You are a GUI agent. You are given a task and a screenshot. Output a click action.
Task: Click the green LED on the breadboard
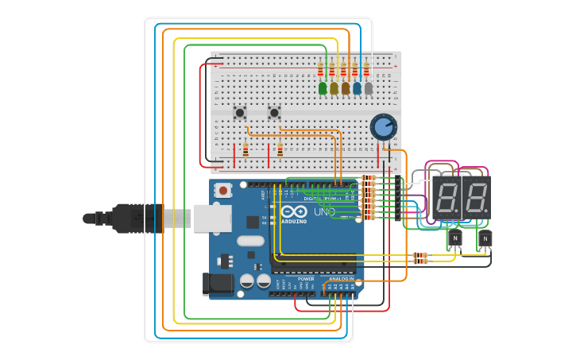(323, 88)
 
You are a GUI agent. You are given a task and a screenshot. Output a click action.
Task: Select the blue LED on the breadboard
(357, 88)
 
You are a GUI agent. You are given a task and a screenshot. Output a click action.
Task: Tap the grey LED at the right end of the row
(368, 88)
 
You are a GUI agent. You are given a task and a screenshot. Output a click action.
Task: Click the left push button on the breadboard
(239, 113)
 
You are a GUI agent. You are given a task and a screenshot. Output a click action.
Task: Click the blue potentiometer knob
(383, 126)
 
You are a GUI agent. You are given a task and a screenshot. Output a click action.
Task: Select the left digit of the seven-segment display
(447, 197)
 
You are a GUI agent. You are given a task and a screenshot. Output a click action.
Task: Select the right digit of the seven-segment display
(475, 197)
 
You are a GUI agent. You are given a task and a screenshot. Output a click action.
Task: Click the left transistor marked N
(454, 238)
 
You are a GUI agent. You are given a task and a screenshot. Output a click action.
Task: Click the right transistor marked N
(485, 238)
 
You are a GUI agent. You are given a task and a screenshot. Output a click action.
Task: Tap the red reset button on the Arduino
(224, 190)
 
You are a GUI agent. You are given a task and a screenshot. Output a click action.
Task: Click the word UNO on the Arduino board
(324, 212)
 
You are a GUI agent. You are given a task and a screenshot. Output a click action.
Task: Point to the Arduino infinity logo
(293, 212)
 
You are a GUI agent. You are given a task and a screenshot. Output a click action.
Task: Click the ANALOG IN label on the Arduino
(342, 279)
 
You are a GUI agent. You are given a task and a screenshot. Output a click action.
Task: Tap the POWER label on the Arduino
(306, 279)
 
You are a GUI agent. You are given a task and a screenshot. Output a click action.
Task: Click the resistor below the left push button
(245, 150)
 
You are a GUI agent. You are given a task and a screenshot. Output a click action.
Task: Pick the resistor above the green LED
(322, 69)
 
